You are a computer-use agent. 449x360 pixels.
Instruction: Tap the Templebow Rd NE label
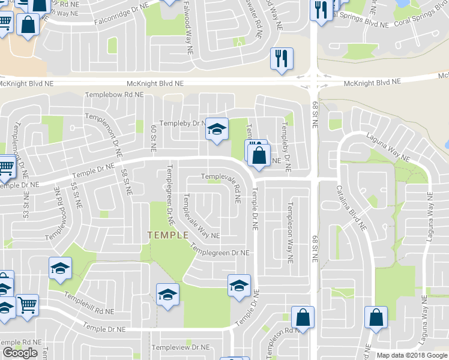(114, 95)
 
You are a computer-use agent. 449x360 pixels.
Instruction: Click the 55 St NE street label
(76, 195)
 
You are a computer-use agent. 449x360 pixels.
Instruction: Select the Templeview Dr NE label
(180, 347)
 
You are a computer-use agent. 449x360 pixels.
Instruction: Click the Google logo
(20, 353)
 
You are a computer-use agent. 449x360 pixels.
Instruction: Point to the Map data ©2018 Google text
(412, 355)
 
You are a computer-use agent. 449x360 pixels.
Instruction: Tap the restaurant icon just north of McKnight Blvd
(282, 59)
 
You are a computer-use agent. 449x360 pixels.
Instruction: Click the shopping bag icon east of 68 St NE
(376, 316)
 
